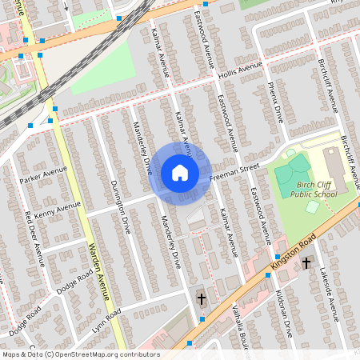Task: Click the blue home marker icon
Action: point(179,173)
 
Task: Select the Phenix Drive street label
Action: point(276,100)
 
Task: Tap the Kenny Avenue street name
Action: point(58,210)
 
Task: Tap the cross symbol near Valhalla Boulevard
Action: point(202,299)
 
